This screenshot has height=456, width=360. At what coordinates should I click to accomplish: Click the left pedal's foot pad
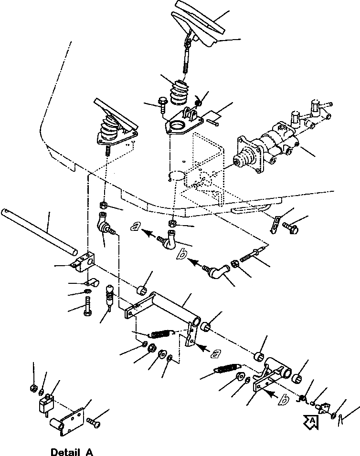point(115,114)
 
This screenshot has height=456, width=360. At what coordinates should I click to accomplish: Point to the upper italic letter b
point(181,256)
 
